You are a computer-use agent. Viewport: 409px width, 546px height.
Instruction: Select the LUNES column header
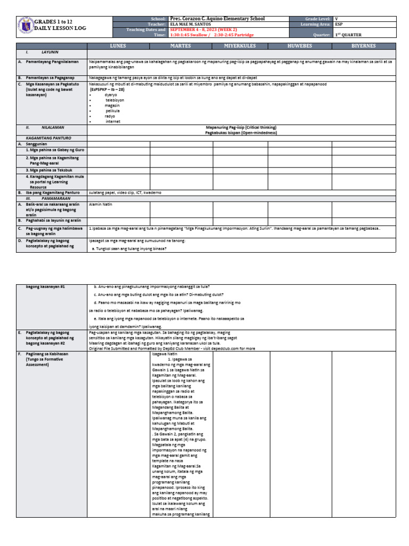coord(118,46)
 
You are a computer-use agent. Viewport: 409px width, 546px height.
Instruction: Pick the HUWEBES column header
coord(300,46)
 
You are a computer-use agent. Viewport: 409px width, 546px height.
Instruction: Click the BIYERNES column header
coord(364,46)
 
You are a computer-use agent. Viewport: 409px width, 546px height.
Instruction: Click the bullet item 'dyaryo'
coord(111,94)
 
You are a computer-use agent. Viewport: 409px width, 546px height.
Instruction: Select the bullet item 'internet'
coord(113,121)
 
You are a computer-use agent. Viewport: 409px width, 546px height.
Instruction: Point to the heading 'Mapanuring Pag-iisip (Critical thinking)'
coord(241,127)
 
